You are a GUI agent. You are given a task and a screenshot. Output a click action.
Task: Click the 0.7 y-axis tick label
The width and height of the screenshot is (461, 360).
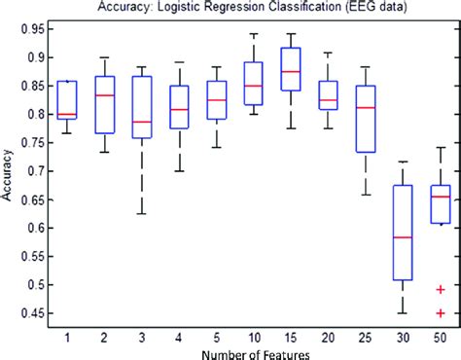point(37,171)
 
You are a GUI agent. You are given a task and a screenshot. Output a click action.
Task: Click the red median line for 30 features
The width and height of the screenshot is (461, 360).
point(403,237)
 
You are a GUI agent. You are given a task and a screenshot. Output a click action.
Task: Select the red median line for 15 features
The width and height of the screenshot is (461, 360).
point(291,71)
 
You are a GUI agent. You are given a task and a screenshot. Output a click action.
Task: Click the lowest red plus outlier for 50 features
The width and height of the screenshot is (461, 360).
point(441,313)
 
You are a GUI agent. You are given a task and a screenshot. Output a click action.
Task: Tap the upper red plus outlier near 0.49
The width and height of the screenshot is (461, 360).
point(441,289)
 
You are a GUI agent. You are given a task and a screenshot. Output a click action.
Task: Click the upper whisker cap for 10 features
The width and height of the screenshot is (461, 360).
point(254,34)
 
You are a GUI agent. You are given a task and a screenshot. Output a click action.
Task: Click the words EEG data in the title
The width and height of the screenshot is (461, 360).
point(378,9)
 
